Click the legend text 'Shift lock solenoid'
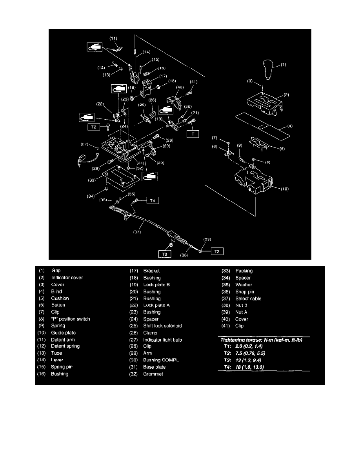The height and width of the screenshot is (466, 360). pos(162,326)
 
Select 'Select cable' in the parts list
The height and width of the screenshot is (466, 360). pos(248,299)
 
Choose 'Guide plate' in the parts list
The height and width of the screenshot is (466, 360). pos(64,333)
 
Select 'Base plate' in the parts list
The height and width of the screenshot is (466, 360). pos(155,367)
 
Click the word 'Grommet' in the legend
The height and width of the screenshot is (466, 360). pos(153,374)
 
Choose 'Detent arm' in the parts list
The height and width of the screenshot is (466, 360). pos(63,340)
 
